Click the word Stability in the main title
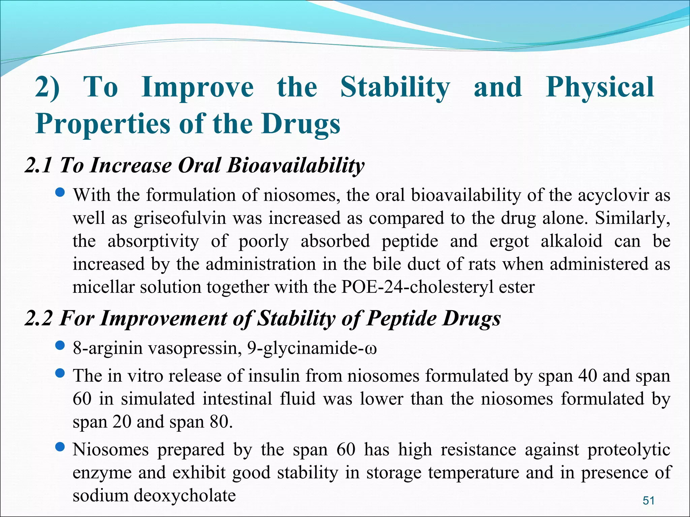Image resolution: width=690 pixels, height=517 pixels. (x=395, y=88)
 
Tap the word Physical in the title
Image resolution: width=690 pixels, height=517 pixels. (x=600, y=88)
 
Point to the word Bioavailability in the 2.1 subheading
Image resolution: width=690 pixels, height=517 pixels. (x=295, y=166)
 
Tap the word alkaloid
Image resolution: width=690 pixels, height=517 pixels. (x=571, y=241)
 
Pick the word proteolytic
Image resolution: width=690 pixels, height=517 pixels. (x=629, y=450)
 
